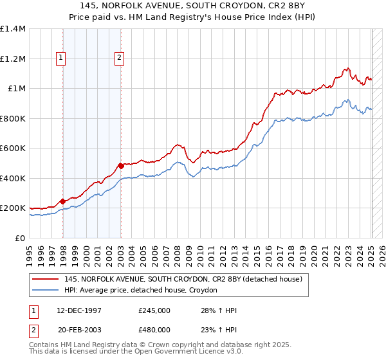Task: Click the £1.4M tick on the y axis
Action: pyautogui.click(x=13, y=29)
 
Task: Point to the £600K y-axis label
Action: pyautogui.click(x=13, y=148)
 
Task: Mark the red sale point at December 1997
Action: pyautogui.click(x=62, y=201)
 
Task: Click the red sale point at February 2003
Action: pyautogui.click(x=121, y=166)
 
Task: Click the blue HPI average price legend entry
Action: pyautogui.click(x=141, y=291)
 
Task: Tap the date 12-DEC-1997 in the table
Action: pyautogui.click(x=80, y=310)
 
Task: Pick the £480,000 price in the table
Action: pyautogui.click(x=154, y=330)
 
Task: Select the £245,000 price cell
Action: pyautogui.click(x=154, y=310)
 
